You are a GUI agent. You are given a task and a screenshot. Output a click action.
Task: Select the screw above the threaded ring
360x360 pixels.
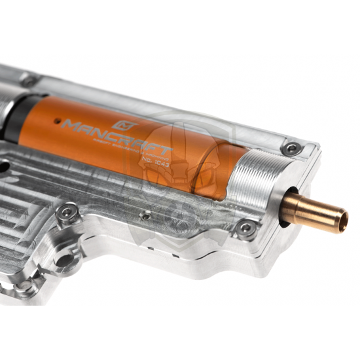(291, 149)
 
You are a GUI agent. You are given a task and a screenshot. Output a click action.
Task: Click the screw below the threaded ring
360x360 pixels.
(246, 228)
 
